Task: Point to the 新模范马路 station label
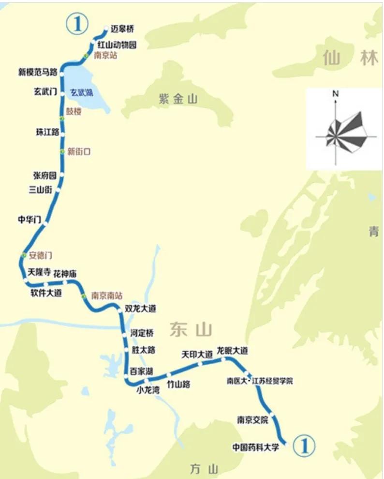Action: click(38, 73)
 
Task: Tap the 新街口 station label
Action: click(79, 152)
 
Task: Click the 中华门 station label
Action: click(30, 219)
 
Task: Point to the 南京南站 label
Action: click(107, 295)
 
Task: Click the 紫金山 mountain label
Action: click(178, 99)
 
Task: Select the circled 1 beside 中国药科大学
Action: click(305, 445)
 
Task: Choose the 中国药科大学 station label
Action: click(256, 447)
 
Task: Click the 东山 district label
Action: click(191, 330)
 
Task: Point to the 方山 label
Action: click(204, 469)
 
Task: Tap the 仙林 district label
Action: click(351, 58)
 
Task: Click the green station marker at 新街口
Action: click(62, 152)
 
